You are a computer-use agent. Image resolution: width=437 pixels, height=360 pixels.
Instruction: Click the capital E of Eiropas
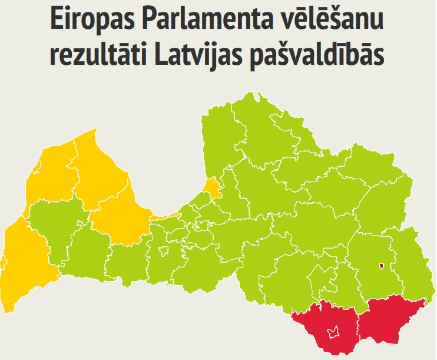click(x=57, y=21)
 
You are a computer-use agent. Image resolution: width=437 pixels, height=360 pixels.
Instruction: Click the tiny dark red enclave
click(x=382, y=266)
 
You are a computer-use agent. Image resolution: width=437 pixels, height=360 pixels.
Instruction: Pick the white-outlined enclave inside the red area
click(x=334, y=332)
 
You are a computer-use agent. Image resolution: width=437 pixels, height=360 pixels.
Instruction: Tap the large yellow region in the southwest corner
click(x=27, y=259)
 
